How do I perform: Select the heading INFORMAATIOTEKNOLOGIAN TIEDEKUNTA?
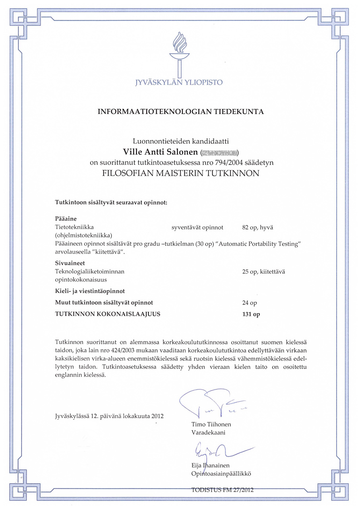tap(181, 112)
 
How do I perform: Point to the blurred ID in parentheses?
tap(220, 152)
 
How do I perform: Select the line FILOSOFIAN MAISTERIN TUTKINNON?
tap(180, 173)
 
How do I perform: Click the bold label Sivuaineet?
tap(70, 263)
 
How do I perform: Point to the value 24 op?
tap(250, 303)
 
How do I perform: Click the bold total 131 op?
tap(251, 314)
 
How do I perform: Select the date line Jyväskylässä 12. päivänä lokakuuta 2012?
tap(109, 416)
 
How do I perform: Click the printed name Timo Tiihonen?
tap(211, 425)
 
